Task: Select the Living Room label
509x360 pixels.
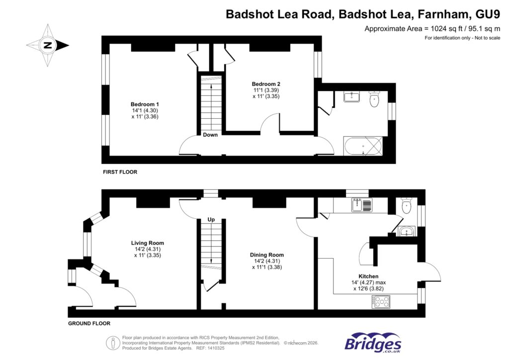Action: [x=147, y=243]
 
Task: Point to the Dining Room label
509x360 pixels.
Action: [x=266, y=255]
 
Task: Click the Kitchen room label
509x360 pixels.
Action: [x=368, y=276]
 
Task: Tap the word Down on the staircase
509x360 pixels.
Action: [x=210, y=135]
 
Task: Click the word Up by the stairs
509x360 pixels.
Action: [x=211, y=219]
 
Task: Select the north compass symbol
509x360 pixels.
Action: [x=48, y=45]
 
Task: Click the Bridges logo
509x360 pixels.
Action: [x=373, y=343]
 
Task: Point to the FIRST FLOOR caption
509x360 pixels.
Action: [x=120, y=172]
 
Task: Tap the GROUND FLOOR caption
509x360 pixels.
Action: [x=89, y=323]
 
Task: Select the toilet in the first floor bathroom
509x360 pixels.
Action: [x=374, y=100]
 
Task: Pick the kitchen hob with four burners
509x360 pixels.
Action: [x=382, y=301]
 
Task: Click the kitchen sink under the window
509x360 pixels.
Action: [x=361, y=204]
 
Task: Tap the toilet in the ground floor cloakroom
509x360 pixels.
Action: [x=407, y=205]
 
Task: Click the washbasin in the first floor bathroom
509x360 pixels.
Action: [x=352, y=96]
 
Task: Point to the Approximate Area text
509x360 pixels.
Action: [x=432, y=29]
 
